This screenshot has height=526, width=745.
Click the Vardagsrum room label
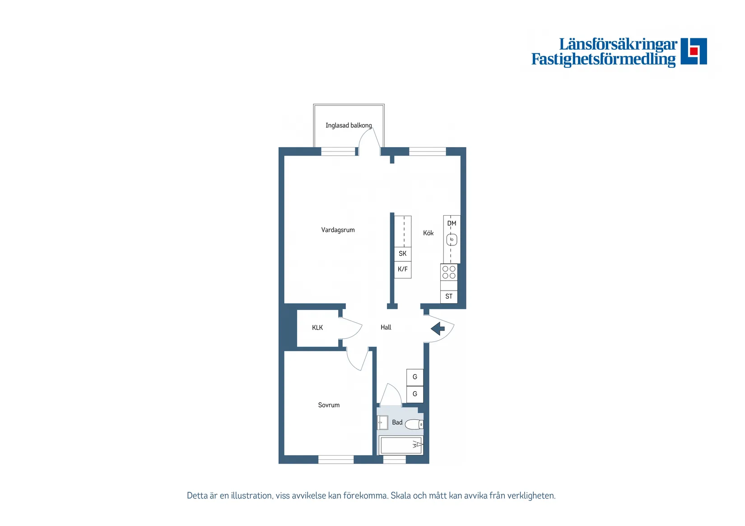click(338, 230)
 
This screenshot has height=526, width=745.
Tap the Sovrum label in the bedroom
click(329, 405)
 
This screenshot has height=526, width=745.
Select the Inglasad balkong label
click(349, 125)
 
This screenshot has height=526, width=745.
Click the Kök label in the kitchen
click(428, 233)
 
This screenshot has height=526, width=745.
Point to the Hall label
click(386, 328)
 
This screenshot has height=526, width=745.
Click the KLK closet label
click(317, 328)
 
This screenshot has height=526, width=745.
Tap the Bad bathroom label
click(397, 423)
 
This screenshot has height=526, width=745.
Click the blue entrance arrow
click(438, 329)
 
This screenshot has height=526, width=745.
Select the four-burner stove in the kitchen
click(449, 272)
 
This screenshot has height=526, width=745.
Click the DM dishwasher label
click(452, 223)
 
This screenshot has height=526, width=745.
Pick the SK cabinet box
click(403, 254)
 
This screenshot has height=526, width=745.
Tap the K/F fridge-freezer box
click(403, 270)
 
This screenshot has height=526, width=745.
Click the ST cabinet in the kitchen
click(449, 296)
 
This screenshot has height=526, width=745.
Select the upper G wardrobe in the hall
click(415, 377)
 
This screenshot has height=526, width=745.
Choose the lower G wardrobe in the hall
click(415, 394)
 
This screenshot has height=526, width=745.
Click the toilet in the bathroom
click(414, 424)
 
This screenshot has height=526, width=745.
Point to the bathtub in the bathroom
click(401, 445)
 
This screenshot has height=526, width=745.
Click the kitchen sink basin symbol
click(452, 240)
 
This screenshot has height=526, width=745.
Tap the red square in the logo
click(694, 51)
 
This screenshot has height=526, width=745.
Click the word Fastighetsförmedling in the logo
click(603, 59)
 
